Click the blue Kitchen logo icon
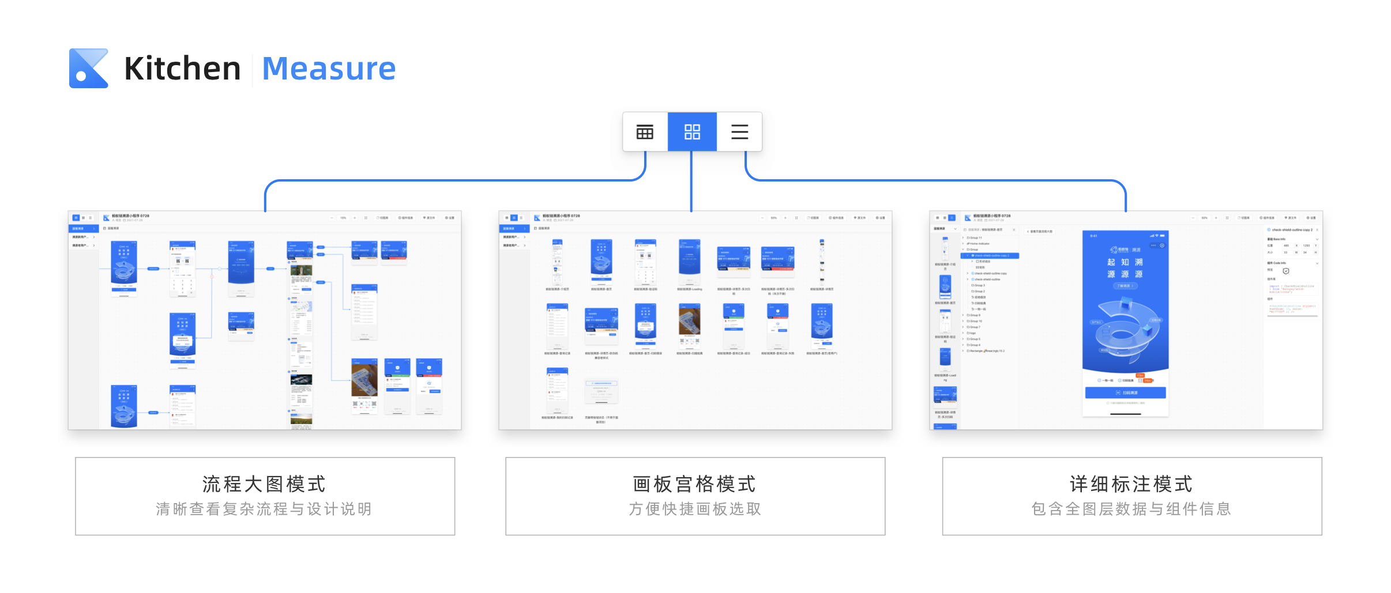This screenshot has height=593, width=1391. pos(88,68)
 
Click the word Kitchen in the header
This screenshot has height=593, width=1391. pos(182,69)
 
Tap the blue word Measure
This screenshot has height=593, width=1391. pos(329,69)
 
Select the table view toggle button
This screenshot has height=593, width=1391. pos(645,132)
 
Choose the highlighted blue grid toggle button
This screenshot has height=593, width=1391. pos(692,132)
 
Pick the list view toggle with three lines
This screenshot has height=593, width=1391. pos(739,132)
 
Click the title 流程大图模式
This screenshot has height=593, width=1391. pos(264,484)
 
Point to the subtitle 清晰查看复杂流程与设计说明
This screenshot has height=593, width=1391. pos(264,509)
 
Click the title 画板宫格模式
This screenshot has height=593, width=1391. pos(694,484)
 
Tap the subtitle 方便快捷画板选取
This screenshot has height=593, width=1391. pos(694,509)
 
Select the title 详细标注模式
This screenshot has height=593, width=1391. pos(1131,484)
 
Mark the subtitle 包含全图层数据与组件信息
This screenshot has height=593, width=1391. pos(1131,509)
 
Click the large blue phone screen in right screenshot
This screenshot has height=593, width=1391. pos(1125,300)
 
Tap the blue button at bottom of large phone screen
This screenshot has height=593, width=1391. pos(1125,392)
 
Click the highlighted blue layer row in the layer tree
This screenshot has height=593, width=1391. pos(990,255)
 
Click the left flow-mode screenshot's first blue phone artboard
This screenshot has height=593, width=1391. pos(124,269)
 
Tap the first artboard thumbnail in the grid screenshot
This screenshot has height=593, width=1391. pos(557,262)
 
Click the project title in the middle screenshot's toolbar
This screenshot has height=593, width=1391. pos(561,216)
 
